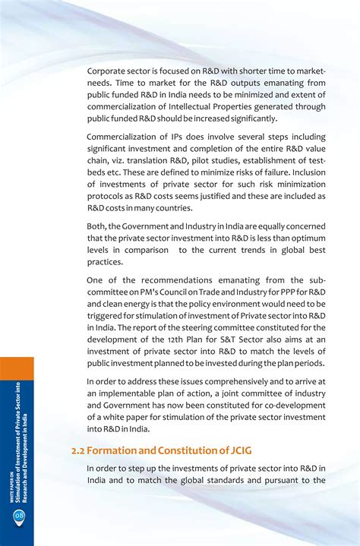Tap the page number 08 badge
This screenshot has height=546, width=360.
point(18,517)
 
